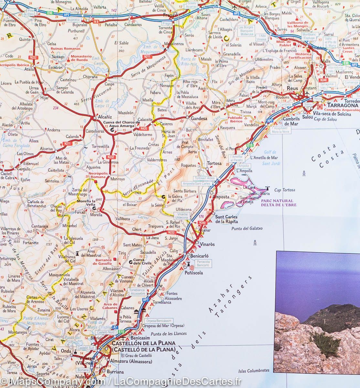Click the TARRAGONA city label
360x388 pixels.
[343, 105]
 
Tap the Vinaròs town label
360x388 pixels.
[207, 244]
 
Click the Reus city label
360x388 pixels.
[292, 88]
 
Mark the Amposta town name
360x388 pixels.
[221, 197]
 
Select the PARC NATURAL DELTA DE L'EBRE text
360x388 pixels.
[278, 203]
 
